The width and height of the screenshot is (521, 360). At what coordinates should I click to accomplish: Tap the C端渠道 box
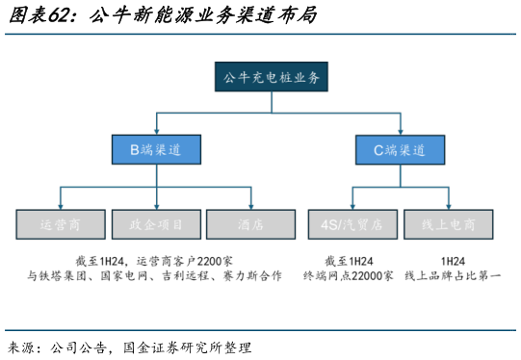[398, 149]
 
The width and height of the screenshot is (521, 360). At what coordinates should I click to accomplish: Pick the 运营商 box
[61, 225]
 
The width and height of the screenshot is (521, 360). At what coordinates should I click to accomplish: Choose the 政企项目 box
[156, 225]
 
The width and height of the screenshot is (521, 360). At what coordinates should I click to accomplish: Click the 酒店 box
[251, 225]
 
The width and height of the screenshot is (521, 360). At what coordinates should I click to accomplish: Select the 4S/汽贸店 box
[352, 225]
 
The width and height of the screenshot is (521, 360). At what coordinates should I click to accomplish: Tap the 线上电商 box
[449, 225]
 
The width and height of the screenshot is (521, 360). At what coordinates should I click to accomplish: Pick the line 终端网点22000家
[349, 276]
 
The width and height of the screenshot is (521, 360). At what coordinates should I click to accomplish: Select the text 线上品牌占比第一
[453, 276]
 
